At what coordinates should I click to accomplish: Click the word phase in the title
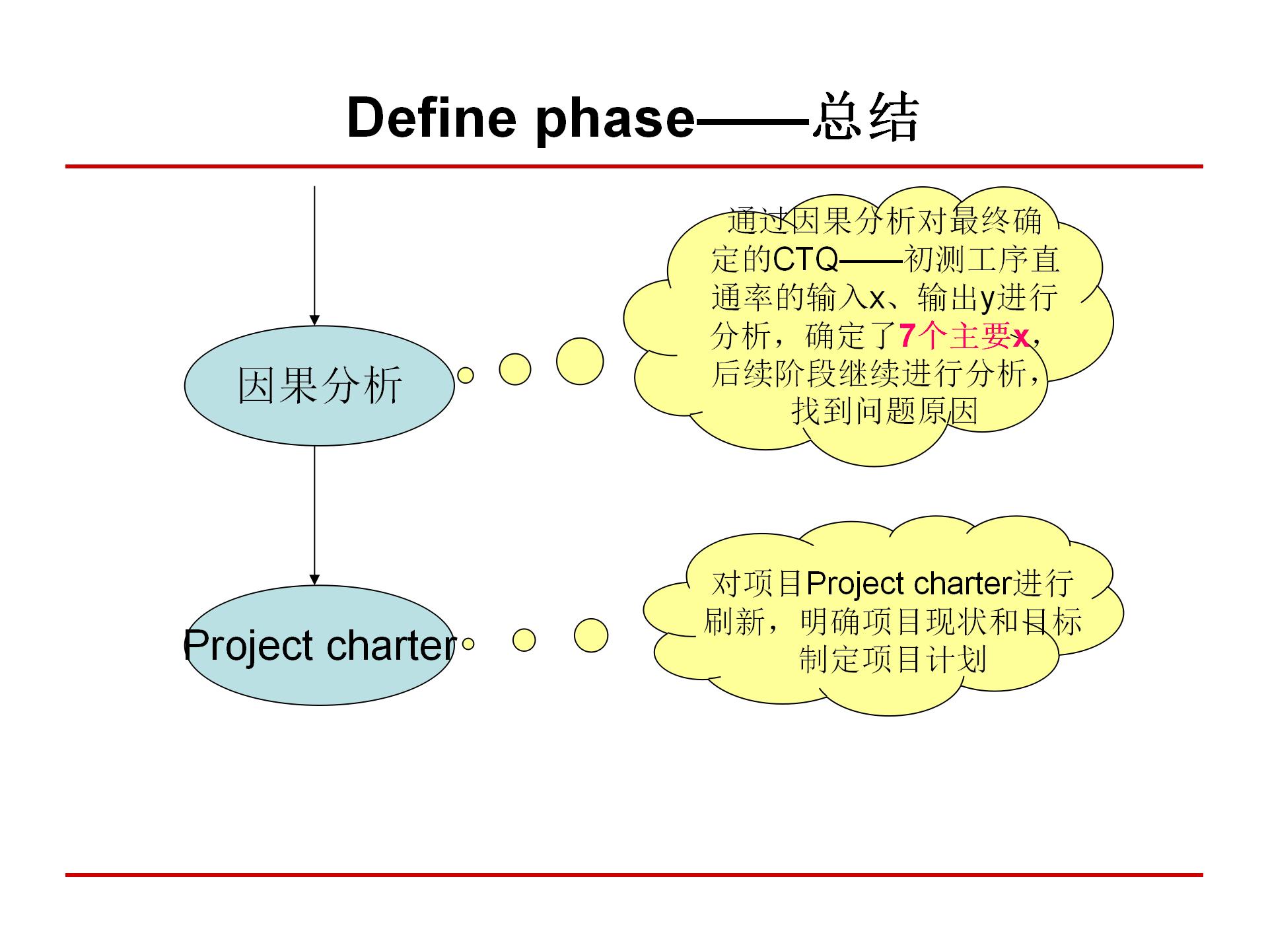click(614, 119)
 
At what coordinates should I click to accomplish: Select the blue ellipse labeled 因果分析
click(319, 386)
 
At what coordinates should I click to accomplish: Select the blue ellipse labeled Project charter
click(319, 645)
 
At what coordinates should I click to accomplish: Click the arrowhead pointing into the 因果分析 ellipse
click(314, 320)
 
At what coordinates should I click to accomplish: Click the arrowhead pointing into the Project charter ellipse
click(314, 580)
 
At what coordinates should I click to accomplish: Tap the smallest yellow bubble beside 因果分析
click(466, 375)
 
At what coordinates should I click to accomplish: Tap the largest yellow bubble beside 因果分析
click(579, 361)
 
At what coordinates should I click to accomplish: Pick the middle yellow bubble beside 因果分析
click(515, 369)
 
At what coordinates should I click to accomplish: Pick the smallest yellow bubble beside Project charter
click(468, 643)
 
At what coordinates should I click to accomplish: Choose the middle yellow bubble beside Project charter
click(524, 639)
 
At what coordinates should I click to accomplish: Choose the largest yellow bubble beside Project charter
click(590, 636)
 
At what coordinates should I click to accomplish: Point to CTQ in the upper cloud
click(804, 260)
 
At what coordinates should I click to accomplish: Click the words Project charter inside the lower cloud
click(909, 584)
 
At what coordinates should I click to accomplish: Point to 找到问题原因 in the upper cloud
click(885, 411)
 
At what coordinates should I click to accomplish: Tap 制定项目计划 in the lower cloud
click(893, 659)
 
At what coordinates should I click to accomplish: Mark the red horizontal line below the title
click(634, 166)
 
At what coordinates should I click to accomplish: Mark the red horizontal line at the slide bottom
click(634, 875)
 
